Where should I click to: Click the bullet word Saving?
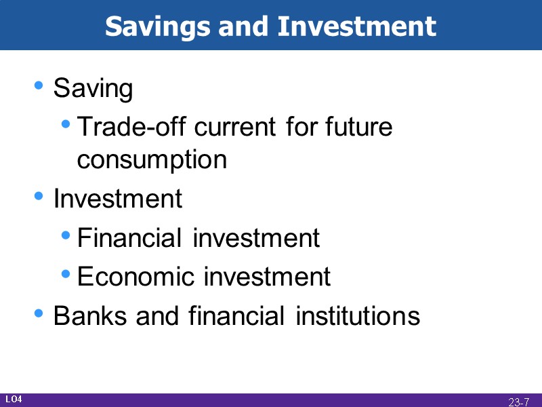[x=93, y=89]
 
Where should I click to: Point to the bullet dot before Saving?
[x=40, y=86]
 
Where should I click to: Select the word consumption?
[x=152, y=160]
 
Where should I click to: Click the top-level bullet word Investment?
[x=117, y=199]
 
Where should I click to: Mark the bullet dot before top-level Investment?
[x=40, y=197]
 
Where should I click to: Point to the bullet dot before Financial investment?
[x=66, y=236]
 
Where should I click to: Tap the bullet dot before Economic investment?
[x=66, y=275]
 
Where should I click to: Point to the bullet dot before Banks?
[x=40, y=313]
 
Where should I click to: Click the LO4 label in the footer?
[x=14, y=400]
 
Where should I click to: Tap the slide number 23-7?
[x=518, y=402]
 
